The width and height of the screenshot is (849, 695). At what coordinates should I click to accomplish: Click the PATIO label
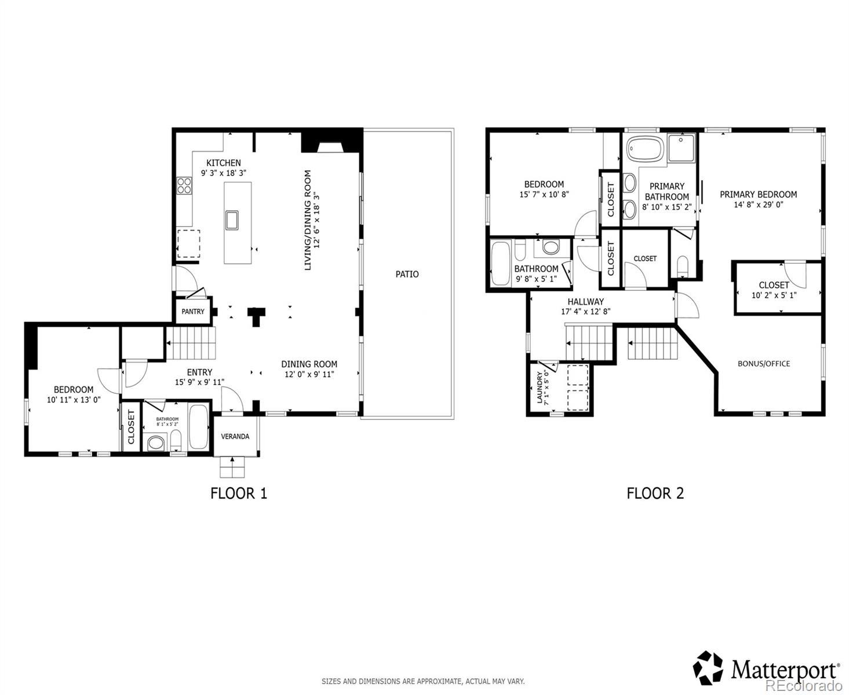[407, 274]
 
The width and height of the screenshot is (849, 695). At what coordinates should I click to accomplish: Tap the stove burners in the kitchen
[184, 185]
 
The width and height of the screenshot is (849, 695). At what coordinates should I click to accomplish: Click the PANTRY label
[193, 311]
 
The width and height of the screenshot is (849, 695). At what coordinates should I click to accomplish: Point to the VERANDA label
[235, 436]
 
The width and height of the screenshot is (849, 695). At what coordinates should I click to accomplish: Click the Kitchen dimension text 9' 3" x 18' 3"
[224, 173]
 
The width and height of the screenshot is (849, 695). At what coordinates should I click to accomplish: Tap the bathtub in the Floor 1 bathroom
[198, 427]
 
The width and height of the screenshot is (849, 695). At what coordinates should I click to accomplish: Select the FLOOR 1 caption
[239, 493]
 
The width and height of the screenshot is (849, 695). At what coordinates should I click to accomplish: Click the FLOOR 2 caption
[655, 493]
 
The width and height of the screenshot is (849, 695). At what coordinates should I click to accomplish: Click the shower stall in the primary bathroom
[681, 148]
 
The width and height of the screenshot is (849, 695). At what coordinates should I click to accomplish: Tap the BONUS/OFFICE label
[764, 363]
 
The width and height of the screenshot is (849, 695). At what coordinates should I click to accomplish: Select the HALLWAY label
[586, 301]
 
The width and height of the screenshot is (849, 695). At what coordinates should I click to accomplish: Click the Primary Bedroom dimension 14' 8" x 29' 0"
[759, 204]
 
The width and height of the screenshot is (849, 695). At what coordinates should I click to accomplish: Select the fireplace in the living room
[330, 147]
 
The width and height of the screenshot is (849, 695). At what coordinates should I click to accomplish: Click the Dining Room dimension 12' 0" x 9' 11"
[309, 374]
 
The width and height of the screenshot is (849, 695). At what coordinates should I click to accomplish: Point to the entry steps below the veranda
[232, 467]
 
